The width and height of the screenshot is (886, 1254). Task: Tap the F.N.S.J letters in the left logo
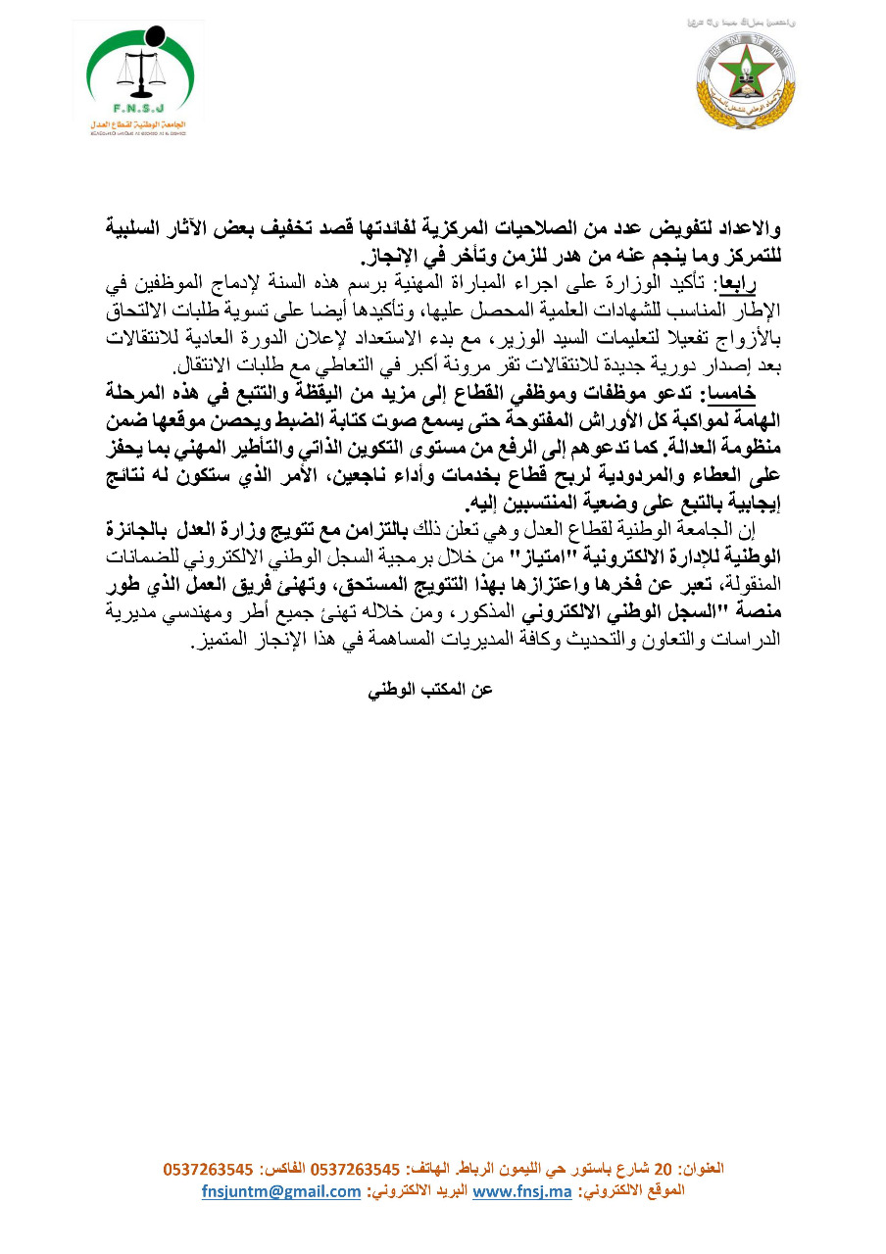[139, 110]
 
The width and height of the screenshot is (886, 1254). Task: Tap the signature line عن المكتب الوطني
[429, 690]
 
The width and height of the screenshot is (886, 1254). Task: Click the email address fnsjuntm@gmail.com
[281, 1191]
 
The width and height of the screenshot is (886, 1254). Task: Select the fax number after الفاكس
[209, 1170]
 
